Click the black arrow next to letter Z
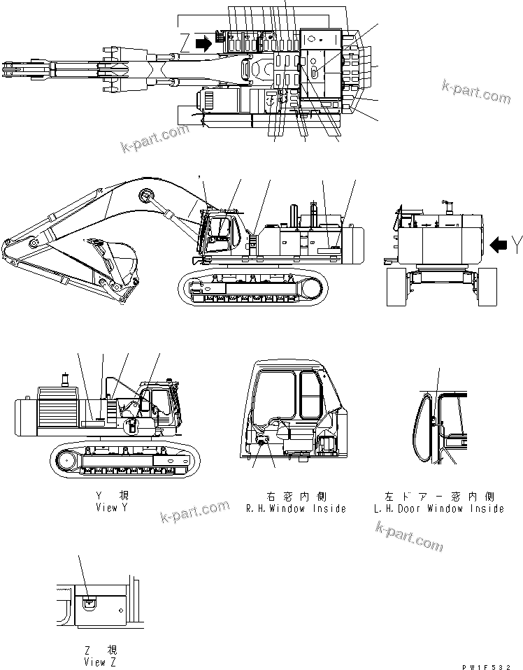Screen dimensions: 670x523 (203, 44)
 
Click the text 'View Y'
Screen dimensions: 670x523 (112, 508)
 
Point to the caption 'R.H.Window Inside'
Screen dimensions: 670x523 (296, 508)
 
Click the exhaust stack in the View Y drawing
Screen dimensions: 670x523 (66, 382)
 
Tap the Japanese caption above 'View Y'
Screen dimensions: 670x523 (112, 495)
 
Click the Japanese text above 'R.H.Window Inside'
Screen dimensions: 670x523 (296, 495)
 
